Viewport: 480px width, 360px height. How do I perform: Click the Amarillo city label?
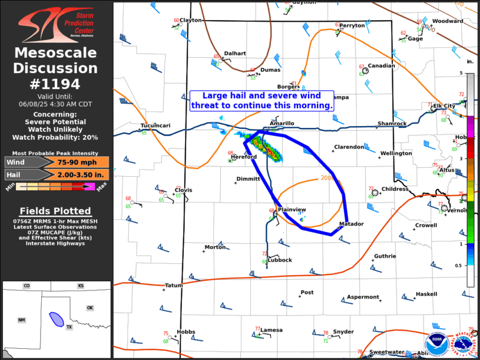click(282, 123)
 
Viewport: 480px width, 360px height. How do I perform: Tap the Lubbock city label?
click(280, 260)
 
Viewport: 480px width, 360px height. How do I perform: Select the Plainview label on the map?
click(292, 210)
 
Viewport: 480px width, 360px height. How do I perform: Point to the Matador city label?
click(352, 224)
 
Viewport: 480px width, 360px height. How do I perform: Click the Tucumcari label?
click(155, 125)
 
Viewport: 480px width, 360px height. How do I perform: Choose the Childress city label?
click(395, 189)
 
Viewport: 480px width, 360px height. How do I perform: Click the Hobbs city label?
click(186, 332)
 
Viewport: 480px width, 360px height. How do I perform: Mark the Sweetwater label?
click(386, 352)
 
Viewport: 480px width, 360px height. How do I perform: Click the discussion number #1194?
click(55, 84)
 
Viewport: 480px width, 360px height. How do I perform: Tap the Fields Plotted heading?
click(55, 211)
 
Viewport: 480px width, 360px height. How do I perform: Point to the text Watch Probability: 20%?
click(55, 137)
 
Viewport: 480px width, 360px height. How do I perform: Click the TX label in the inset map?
click(69, 327)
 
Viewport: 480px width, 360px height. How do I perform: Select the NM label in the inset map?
click(22, 320)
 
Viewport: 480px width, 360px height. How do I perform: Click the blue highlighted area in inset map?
click(57, 319)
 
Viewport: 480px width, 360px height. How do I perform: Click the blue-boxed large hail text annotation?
click(262, 100)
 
